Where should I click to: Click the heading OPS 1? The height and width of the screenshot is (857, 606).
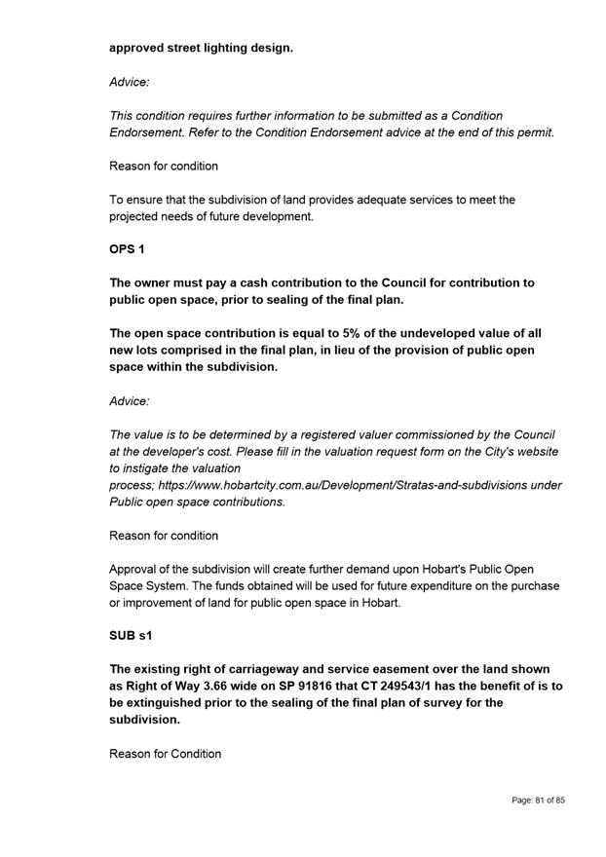tap(127, 249)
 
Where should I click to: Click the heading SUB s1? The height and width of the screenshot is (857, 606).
tap(132, 636)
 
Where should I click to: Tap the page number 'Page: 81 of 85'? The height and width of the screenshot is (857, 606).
tap(538, 800)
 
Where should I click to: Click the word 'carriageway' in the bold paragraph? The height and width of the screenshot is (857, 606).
tap(247, 669)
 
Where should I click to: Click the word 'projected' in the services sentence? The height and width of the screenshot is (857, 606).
tap(139, 216)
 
